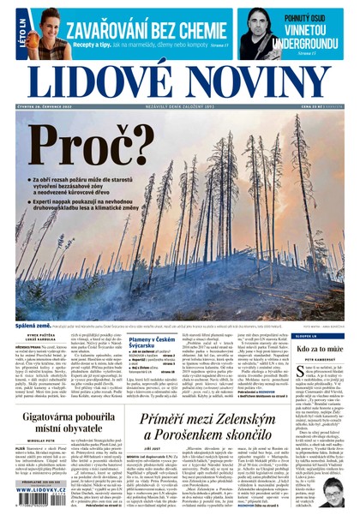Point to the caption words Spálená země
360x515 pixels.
pos(34,326)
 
